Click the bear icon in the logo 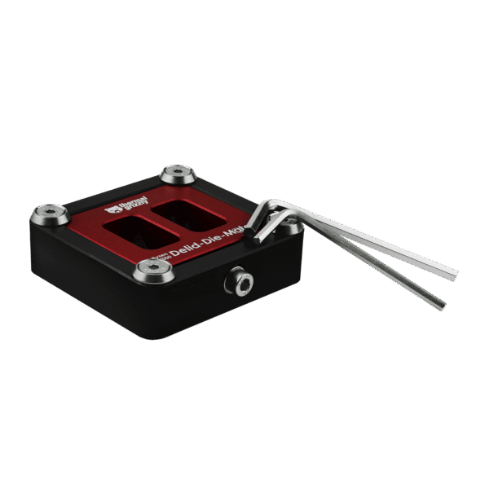(113, 209)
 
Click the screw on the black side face (240, 281)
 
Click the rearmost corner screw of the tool (177, 173)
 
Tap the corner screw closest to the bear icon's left (50, 214)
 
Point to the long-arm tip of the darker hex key (442, 305)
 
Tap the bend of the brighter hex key (274, 204)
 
